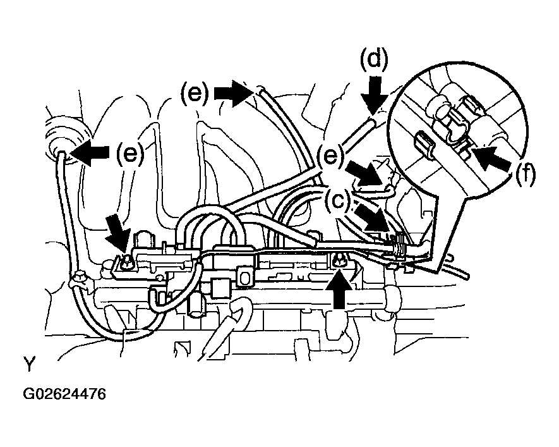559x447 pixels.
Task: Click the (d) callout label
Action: click(374, 59)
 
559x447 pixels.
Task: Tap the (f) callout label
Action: click(526, 175)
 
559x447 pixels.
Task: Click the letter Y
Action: click(29, 364)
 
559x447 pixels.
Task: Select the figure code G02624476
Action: click(64, 394)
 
